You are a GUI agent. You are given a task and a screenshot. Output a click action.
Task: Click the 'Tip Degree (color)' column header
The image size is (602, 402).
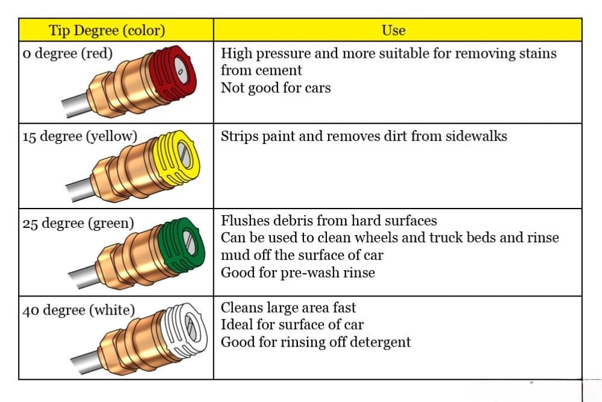tap(107, 30)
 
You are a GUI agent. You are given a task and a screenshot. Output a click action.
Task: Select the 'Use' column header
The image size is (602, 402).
tap(394, 30)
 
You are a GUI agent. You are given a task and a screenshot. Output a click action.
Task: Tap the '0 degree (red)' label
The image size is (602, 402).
tap(67, 54)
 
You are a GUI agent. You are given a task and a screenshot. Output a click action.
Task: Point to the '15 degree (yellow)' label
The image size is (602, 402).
tap(80, 136)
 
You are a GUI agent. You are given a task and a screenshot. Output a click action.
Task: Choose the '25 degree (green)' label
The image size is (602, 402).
tap(78, 223)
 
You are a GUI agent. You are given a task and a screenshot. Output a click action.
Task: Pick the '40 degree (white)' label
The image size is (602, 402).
tap(79, 310)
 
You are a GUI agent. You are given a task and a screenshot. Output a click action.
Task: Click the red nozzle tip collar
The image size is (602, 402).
tap(173, 73)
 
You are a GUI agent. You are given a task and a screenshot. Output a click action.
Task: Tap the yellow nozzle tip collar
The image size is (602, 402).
tap(176, 157)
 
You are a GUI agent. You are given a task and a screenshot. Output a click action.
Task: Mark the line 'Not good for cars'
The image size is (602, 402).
tap(276, 88)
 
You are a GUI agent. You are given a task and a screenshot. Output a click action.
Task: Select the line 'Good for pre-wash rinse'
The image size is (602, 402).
tap(298, 272)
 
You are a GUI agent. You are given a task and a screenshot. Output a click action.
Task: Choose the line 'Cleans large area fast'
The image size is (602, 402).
tap(288, 307)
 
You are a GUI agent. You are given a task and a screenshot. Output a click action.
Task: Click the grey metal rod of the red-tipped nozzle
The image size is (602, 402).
tap(76, 104)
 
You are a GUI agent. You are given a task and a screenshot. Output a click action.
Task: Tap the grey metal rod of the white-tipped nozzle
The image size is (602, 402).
tap(85, 362)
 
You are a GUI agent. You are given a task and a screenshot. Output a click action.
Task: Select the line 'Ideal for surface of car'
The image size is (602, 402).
tap(292, 325)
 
